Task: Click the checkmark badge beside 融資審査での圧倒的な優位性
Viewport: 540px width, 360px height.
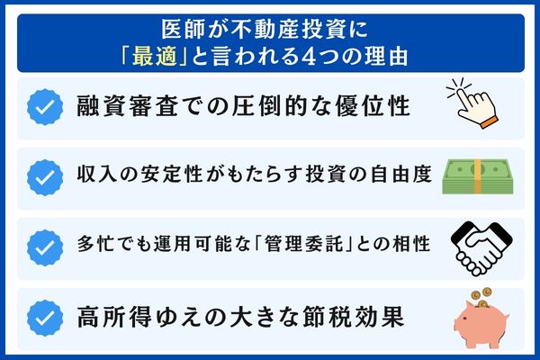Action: (x=43, y=108)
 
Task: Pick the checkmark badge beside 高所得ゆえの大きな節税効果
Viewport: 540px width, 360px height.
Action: (x=43, y=317)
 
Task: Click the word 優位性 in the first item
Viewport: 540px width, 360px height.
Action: (x=374, y=108)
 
